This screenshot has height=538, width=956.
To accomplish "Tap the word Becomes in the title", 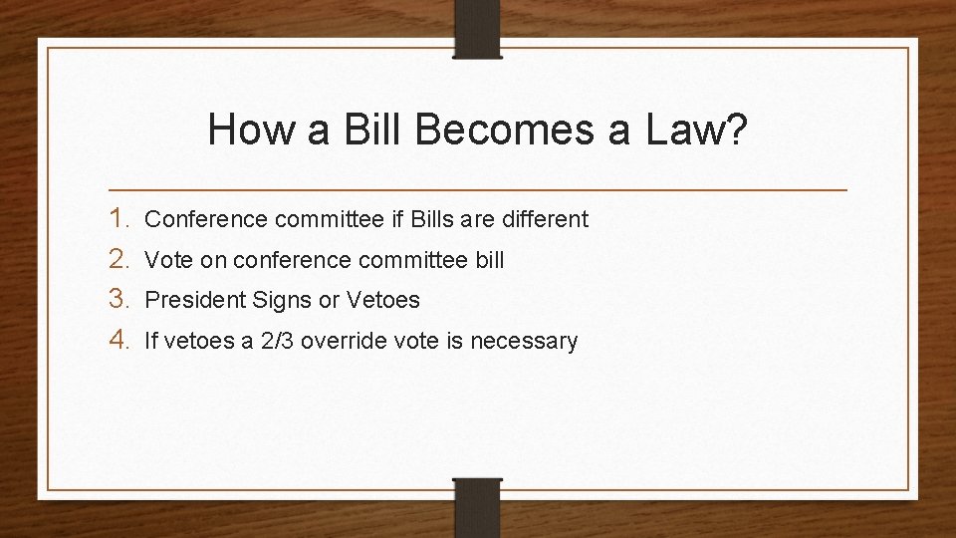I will pos(475,131).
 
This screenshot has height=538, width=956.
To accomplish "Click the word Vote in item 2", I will pos(165,260).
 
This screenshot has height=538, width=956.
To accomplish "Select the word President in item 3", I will pos(191,301).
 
